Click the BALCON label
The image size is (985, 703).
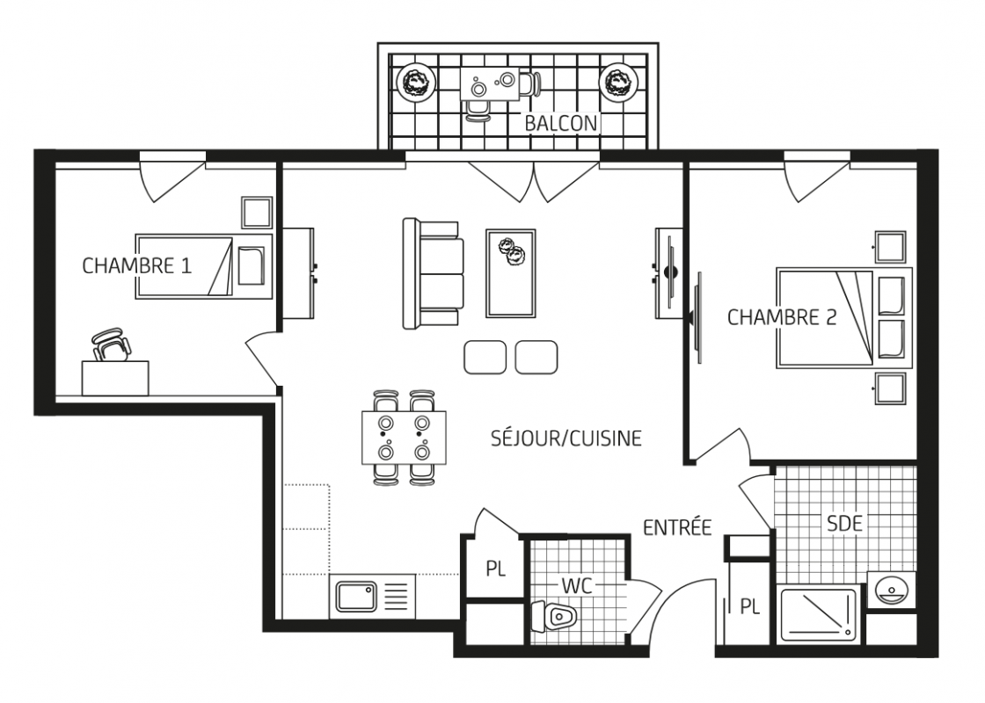pos(560,123)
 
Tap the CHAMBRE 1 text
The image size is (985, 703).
pos(136,265)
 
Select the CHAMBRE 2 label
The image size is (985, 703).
pos(782,317)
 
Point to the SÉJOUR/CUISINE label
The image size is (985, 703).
pos(566,438)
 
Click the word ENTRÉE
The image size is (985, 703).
pos(677,527)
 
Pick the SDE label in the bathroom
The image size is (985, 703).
pos(844,523)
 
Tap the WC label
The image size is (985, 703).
pos(577,585)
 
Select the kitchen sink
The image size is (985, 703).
pos(356,597)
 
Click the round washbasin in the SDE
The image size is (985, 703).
pos(890,589)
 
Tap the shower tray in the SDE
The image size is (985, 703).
pos(817,615)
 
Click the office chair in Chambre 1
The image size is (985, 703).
pos(112,344)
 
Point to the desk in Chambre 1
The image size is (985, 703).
pos(115,378)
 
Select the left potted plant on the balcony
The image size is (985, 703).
pos(414,81)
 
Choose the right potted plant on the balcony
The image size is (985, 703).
pos(619,81)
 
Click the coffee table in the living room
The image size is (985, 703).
pos(510,273)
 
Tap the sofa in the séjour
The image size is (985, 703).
pos(432,273)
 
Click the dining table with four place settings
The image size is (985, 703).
pos(404,438)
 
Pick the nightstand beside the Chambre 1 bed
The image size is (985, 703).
pos(257,212)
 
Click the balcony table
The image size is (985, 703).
pos(491,83)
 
